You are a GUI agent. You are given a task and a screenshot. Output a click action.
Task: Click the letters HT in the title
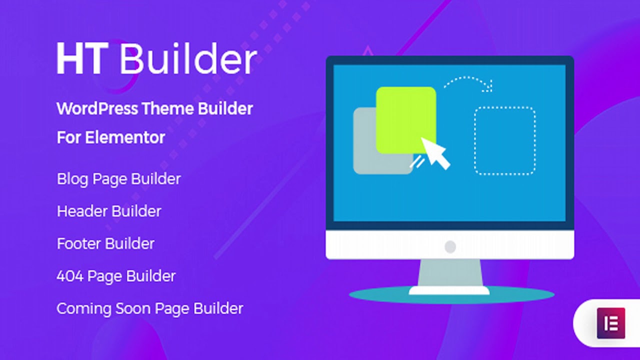tap(81, 58)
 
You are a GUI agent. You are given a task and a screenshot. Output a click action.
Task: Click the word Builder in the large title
tap(187, 58)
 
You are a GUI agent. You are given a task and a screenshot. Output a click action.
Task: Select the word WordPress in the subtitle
tap(96, 108)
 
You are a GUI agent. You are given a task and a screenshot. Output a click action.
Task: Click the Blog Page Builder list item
tap(118, 179)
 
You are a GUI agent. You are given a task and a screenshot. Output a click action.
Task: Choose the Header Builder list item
tap(109, 211)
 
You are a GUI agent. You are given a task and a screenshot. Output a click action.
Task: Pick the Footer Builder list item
tap(105, 243)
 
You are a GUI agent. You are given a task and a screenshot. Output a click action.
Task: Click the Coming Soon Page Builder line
tap(149, 308)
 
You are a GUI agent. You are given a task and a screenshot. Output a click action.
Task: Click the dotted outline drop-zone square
tap(504, 140)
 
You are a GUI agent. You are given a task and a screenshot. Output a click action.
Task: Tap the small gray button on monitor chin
tap(450, 246)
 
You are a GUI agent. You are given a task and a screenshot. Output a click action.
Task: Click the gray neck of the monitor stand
tap(450, 272)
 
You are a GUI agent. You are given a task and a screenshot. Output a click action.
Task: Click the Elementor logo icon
tap(611, 323)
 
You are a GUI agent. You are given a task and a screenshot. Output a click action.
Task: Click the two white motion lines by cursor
tap(416, 162)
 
